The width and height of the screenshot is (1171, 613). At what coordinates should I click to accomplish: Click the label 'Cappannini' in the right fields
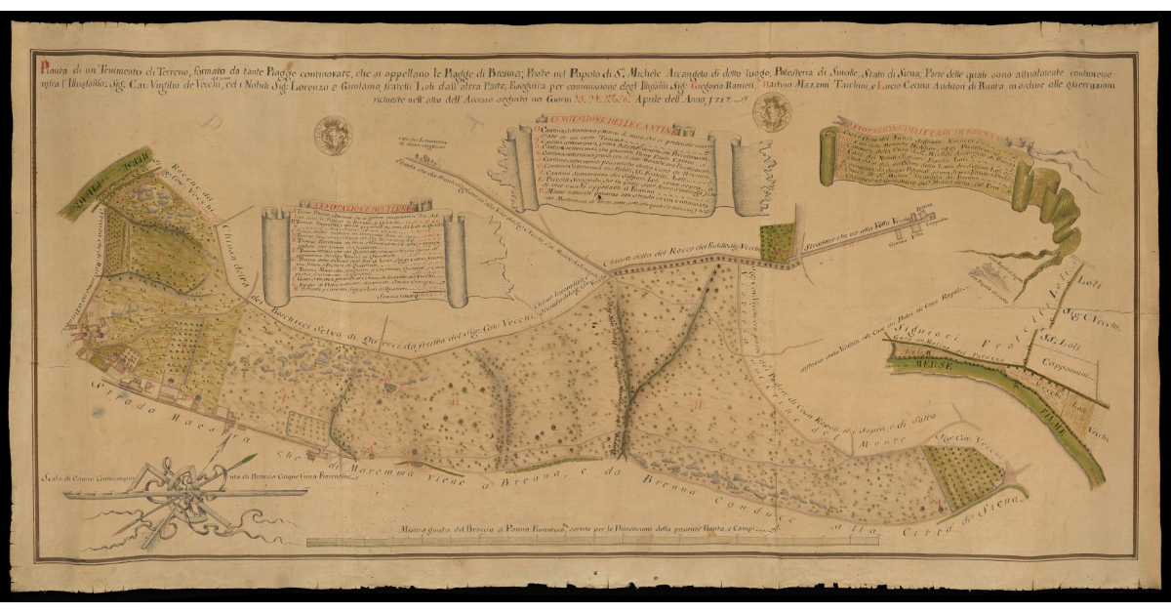tap(1070, 373)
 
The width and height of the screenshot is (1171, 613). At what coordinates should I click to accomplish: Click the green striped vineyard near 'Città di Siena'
tap(961, 479)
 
